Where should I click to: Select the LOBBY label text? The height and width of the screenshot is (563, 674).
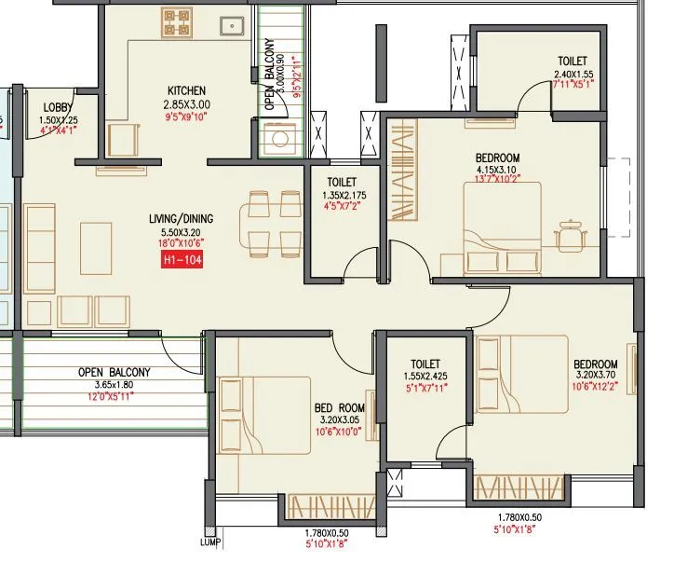[x=58, y=108]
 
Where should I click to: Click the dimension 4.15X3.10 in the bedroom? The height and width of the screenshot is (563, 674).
[x=497, y=170]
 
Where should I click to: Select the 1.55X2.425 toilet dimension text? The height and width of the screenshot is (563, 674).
[x=425, y=378]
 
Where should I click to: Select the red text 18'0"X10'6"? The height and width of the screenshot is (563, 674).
[x=181, y=242]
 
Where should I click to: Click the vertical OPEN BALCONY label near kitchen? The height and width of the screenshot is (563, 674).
[x=270, y=75]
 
